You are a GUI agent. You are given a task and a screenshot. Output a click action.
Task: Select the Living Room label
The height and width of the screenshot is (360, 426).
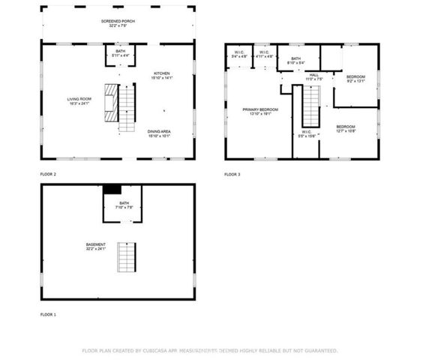(79, 99)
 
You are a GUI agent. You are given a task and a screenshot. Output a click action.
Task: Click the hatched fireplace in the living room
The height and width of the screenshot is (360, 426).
(111, 102)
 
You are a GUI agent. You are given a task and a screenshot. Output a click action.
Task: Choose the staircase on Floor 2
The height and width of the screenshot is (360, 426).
(127, 106)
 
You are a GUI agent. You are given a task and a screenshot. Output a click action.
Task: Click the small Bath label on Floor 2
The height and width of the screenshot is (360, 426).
(120, 52)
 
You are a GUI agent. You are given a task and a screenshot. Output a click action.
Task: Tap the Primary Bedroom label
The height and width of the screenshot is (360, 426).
(259, 111)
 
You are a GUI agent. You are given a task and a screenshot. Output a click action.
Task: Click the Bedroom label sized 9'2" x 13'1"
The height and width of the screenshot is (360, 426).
(355, 79)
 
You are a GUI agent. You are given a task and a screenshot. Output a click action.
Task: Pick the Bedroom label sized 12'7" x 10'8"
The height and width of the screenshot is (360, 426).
(345, 128)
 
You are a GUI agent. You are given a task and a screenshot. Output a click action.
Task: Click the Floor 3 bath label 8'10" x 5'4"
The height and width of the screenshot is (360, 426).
(295, 60)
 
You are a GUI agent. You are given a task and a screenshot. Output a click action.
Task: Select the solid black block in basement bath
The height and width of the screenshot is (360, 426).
(112, 190)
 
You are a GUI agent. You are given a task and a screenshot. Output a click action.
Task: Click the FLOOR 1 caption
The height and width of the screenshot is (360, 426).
(48, 314)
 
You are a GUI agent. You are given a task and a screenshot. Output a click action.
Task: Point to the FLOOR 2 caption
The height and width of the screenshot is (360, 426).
(48, 174)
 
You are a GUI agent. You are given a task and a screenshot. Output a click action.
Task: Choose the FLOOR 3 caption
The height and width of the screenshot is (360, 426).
(232, 174)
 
